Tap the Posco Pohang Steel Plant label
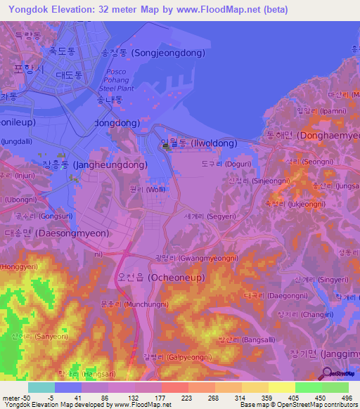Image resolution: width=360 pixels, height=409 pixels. coord(116,81)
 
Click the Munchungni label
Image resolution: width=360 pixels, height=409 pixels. coord(134,304)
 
